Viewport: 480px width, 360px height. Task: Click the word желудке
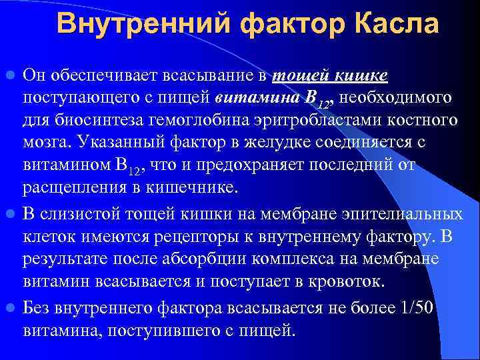pos(295,143)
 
